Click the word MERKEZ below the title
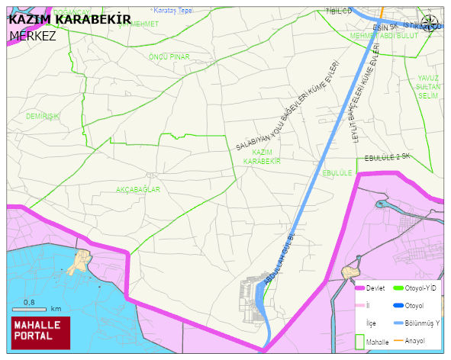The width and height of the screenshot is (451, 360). tap(33, 35)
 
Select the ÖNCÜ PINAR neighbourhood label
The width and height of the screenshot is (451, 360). tap(169, 56)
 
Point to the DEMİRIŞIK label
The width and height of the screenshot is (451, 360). tap(43, 116)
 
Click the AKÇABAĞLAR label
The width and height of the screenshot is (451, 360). tap(137, 189)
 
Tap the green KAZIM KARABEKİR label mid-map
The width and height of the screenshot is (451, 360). tap(262, 157)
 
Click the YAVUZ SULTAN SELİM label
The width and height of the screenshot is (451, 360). tap(428, 86)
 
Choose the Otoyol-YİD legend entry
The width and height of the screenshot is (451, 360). tap(420, 288)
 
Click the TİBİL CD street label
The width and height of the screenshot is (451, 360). tap(338, 11)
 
